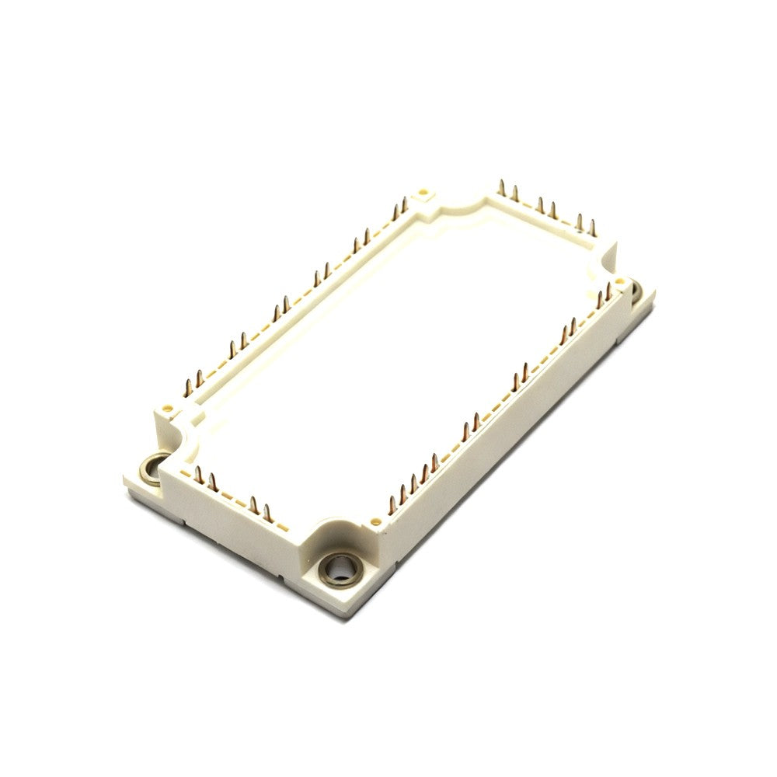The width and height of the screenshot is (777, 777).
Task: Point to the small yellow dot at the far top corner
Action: click(x=423, y=190)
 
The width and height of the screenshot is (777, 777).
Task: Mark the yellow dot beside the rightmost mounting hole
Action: click(x=619, y=281)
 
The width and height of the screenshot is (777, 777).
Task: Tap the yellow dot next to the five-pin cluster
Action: click(x=378, y=522)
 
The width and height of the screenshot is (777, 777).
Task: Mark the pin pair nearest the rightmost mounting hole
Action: click(x=603, y=296)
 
